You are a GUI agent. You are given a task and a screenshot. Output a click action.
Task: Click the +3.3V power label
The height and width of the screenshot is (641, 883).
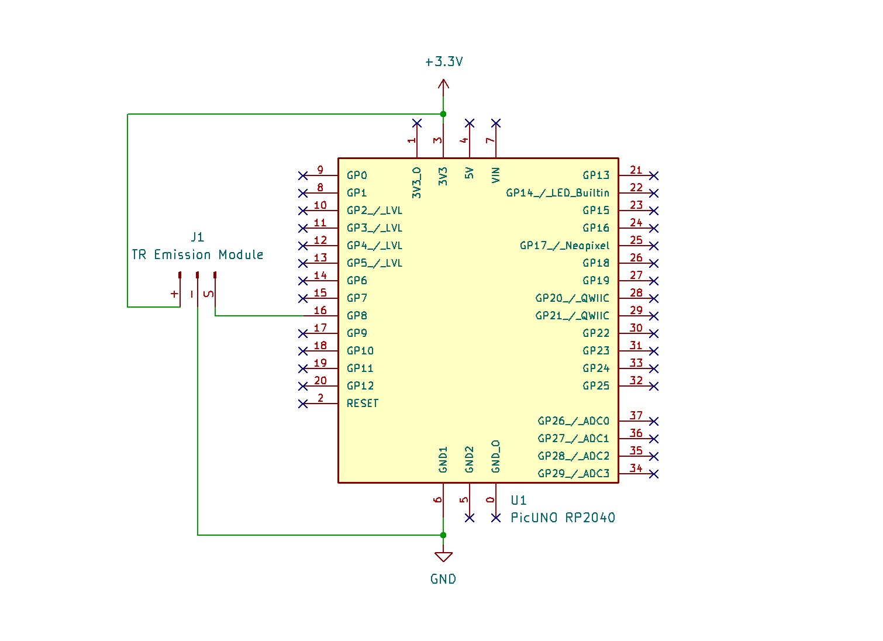[x=444, y=62]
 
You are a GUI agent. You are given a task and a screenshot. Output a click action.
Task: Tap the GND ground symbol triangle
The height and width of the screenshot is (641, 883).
[x=443, y=556]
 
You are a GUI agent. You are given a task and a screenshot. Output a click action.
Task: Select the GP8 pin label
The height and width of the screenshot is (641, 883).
[x=357, y=316]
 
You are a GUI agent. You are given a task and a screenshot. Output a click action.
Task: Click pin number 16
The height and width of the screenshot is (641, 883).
[x=320, y=311]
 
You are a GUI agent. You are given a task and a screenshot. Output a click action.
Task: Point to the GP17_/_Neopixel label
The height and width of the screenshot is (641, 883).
[x=564, y=246]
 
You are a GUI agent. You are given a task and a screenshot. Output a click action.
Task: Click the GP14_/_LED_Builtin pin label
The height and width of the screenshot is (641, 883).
[x=557, y=193]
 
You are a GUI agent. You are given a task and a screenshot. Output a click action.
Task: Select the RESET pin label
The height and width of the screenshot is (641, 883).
[x=363, y=404]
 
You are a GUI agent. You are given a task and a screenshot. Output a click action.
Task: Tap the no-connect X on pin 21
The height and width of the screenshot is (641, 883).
[x=654, y=175]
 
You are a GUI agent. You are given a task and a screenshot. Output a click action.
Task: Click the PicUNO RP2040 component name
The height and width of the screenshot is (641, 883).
[x=563, y=518]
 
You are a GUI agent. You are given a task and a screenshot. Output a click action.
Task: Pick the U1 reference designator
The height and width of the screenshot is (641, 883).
[x=518, y=501]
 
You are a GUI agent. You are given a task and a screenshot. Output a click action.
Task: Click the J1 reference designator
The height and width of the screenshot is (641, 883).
[x=198, y=237]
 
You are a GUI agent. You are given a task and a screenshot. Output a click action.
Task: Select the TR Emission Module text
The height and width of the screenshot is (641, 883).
[x=197, y=255]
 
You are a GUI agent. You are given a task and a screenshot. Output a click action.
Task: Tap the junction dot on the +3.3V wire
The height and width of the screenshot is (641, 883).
[x=443, y=114]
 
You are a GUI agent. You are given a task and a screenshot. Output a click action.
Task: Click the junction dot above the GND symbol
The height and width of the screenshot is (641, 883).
[x=443, y=535]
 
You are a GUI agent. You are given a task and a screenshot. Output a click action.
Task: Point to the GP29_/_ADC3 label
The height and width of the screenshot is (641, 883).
[x=573, y=474]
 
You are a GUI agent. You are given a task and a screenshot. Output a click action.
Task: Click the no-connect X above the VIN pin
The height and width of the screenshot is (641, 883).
[x=496, y=123]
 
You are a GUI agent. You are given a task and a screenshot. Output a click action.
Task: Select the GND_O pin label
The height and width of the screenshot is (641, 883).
[x=496, y=457]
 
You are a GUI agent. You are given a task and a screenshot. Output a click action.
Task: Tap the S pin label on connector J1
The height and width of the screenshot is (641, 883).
[x=209, y=294]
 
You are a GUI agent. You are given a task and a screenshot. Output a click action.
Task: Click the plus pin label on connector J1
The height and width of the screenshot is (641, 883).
[x=174, y=294]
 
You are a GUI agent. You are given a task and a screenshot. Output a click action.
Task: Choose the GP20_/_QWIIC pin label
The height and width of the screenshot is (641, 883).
[x=572, y=298]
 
